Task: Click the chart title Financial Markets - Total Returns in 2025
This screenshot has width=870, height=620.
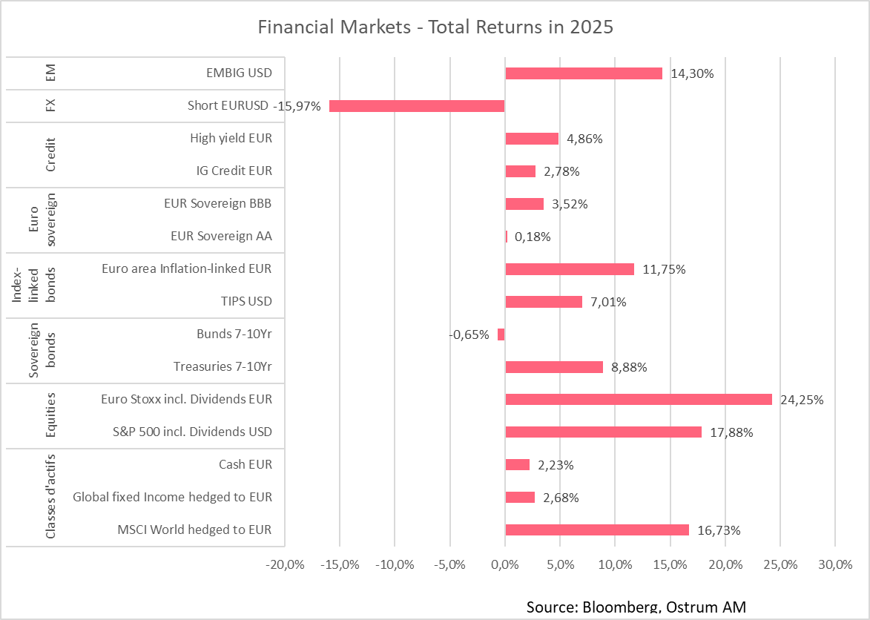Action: tap(435, 27)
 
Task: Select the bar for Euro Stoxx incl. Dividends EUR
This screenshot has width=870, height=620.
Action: tap(638, 399)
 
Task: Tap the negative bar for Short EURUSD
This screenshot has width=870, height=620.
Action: tap(417, 106)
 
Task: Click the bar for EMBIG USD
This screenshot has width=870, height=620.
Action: tap(583, 73)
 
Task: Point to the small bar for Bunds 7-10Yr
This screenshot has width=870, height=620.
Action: tap(501, 334)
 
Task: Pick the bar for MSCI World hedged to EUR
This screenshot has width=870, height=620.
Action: tap(597, 530)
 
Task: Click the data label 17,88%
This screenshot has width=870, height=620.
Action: tap(731, 432)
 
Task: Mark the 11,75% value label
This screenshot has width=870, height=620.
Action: tap(664, 269)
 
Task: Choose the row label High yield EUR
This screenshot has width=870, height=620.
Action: tap(231, 138)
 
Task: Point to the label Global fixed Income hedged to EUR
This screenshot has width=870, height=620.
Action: tap(172, 497)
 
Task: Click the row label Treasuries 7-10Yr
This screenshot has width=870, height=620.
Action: tap(223, 366)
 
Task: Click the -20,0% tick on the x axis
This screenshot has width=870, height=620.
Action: tap(285, 565)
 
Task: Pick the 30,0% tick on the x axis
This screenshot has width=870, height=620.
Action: tap(835, 565)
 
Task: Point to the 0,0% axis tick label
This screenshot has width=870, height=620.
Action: tap(504, 565)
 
